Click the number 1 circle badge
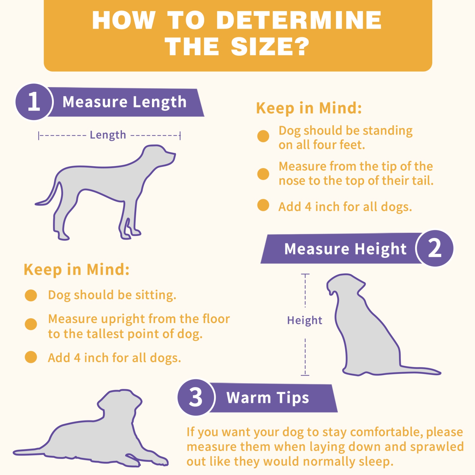point(34,102)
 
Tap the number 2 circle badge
point(435,248)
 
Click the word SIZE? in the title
point(270,47)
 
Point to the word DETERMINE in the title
point(299,20)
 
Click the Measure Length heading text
point(124,102)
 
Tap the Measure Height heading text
point(345,249)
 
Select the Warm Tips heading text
point(268,398)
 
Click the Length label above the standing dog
point(108,135)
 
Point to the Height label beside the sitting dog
point(305,320)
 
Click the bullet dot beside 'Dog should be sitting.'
point(31,295)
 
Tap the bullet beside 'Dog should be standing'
point(263,136)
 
